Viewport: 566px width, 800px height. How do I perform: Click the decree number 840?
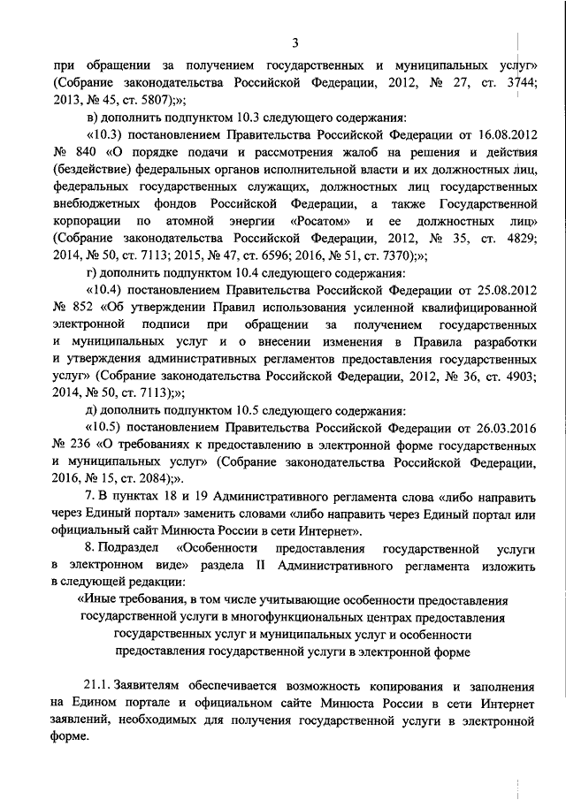click(x=85, y=151)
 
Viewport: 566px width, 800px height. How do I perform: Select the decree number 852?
click(x=85, y=307)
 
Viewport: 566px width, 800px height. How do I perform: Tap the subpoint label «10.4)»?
click(x=105, y=290)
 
